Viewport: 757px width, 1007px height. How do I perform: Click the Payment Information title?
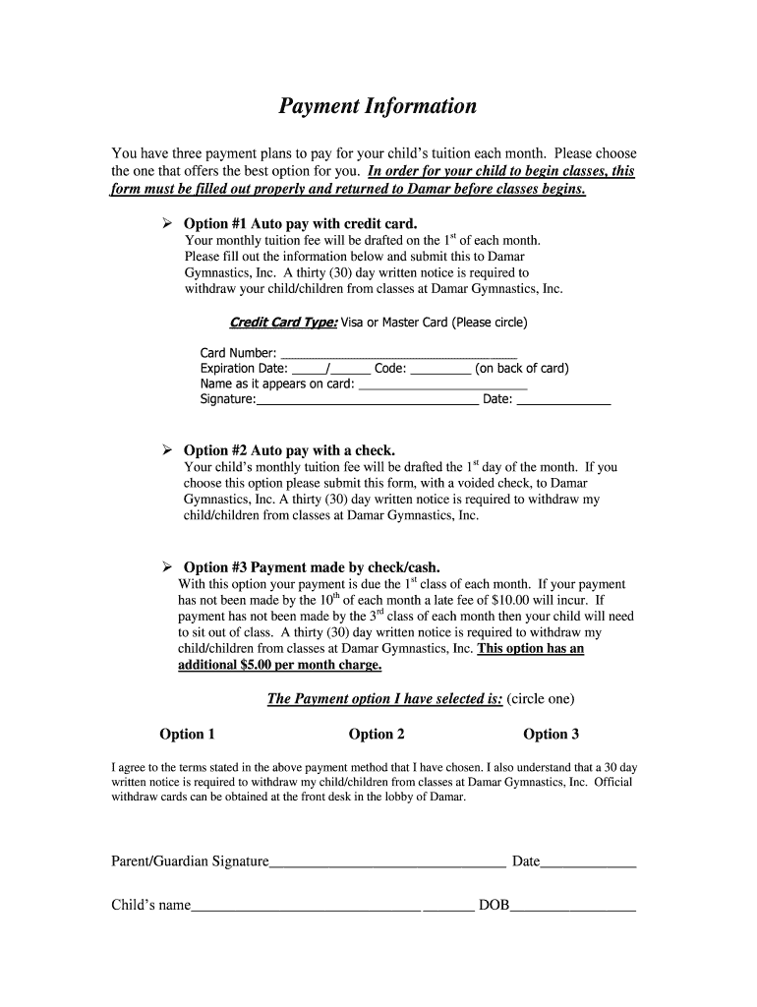378,106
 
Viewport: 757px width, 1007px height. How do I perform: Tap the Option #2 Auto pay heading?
289,450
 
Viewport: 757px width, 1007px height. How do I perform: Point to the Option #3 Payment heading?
312,567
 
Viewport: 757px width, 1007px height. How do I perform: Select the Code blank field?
439,370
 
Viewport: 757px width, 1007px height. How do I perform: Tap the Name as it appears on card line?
442,385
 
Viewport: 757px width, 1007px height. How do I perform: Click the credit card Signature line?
367,400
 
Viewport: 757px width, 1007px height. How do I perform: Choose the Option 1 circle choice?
187,734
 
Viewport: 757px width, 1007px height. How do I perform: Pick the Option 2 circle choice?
377,734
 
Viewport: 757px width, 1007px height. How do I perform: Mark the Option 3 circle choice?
551,734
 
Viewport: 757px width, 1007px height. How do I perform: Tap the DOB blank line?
572,905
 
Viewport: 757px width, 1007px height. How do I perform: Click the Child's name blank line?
306,905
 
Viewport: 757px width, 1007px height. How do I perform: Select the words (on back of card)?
521,370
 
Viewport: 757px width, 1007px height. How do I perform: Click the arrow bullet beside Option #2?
167,450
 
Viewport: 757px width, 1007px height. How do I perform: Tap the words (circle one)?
540,699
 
